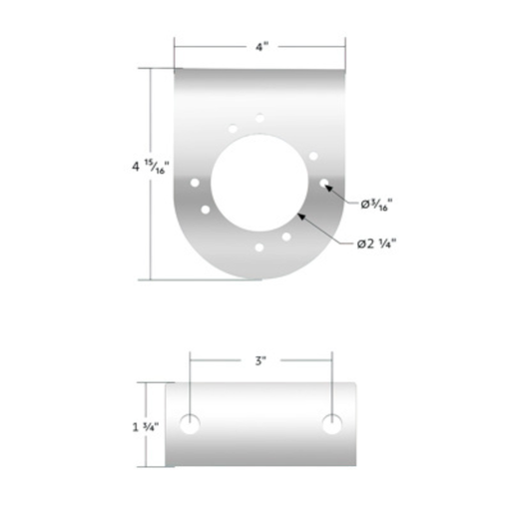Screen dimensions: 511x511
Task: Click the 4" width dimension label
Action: click(x=259, y=46)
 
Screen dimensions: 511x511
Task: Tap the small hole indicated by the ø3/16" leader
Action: click(x=323, y=184)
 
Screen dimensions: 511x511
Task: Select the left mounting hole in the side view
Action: click(x=189, y=423)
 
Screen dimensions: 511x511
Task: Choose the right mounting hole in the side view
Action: click(x=331, y=423)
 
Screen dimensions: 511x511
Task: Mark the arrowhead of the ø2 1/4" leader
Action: click(x=303, y=214)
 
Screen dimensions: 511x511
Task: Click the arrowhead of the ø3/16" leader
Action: click(x=330, y=188)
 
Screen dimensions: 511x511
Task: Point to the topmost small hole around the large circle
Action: click(x=259, y=118)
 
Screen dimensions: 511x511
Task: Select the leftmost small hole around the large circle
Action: click(x=194, y=183)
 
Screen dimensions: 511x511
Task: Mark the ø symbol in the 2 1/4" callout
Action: click(x=359, y=243)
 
